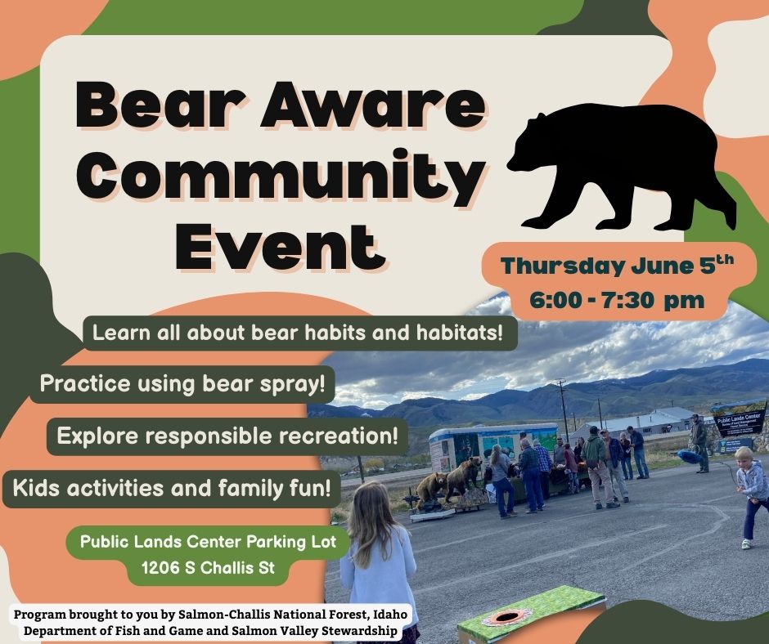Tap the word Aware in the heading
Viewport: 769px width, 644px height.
373,105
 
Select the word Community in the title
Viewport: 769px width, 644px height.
279,175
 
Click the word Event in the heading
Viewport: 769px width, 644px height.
277,244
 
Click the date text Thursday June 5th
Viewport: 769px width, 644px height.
618,265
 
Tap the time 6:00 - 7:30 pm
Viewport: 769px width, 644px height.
617,299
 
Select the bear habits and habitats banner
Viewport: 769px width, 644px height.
300,333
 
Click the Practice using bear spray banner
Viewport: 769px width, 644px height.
182,383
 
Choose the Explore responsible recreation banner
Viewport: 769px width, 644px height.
227,436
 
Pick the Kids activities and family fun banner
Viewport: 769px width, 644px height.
172,488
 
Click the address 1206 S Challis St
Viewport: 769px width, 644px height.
208,568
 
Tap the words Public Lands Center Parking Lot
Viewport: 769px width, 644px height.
208,542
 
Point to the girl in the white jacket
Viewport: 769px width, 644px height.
379,559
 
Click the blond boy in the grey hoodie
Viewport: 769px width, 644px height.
751,495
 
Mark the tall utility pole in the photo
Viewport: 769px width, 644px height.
563,411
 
